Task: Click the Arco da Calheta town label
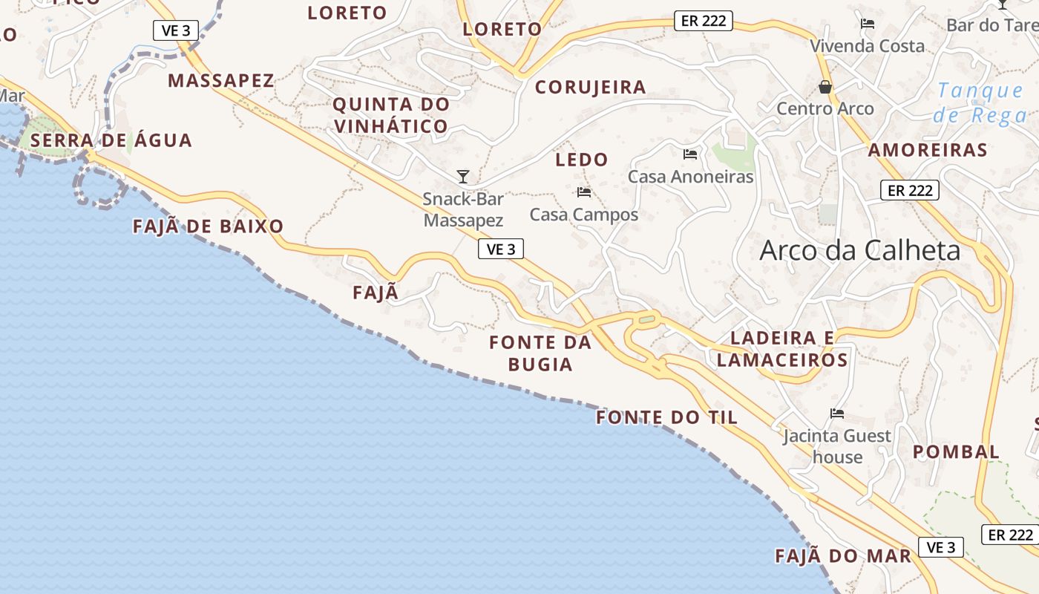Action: click(859, 251)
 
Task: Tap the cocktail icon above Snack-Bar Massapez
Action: click(463, 177)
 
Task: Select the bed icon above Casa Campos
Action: click(584, 192)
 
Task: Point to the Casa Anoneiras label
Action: click(690, 177)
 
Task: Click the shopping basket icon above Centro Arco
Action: click(825, 88)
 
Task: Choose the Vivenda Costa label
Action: click(867, 46)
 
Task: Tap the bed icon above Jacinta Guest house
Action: click(837, 414)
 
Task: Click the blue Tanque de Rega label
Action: click(980, 102)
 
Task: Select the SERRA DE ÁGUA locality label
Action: click(111, 140)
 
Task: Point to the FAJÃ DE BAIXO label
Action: click(208, 226)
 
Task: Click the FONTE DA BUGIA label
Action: click(540, 353)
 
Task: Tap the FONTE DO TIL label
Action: click(666, 417)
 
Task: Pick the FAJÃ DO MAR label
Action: click(842, 556)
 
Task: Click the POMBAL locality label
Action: click(956, 451)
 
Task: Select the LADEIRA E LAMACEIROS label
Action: click(782, 349)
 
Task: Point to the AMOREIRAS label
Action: click(928, 150)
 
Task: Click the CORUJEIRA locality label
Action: click(591, 87)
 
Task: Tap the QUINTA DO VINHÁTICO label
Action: click(391, 115)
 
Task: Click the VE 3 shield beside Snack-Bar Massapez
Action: click(501, 249)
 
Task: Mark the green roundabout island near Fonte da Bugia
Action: click(647, 320)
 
